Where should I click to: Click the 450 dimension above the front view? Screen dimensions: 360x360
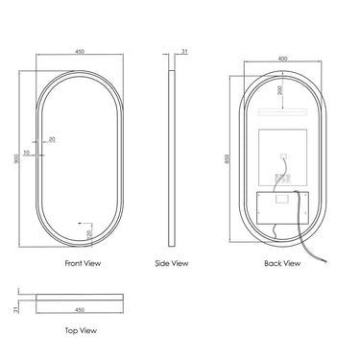[80, 52]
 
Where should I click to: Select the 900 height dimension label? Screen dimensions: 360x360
[16, 158]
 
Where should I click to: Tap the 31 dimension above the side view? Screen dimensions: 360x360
[184, 51]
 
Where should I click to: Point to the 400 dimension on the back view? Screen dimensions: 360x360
[283, 59]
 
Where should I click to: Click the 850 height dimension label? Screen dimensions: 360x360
[228, 158]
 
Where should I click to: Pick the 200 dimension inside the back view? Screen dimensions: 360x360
[280, 90]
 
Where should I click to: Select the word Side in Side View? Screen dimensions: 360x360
[162, 263]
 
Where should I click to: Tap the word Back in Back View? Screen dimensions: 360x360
[273, 263]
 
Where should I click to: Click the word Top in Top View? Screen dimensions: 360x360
[71, 330]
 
